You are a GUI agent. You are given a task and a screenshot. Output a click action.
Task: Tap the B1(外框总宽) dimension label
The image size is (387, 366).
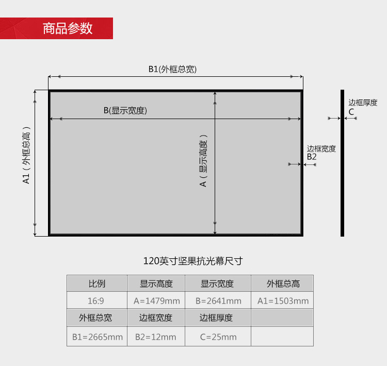tap(172, 69)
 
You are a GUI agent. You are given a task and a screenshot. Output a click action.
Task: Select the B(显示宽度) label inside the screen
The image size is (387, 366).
tap(125, 110)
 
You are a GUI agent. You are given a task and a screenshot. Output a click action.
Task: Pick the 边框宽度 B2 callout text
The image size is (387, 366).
tap(321, 152)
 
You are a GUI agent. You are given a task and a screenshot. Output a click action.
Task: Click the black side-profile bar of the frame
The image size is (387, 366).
tap(342, 163)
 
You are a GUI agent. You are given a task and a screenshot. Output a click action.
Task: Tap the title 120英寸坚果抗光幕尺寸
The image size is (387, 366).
tap(193, 261)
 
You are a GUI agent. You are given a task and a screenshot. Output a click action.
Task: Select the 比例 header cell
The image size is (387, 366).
tap(97, 284)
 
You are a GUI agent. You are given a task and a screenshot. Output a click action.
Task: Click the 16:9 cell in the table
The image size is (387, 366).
tap(97, 301)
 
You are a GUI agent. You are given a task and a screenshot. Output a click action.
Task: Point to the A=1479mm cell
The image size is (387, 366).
tap(156, 301)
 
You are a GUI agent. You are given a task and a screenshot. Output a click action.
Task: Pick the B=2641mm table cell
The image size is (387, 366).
tap(218, 301)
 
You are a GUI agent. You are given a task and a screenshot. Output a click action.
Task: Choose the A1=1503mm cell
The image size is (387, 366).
tap(283, 301)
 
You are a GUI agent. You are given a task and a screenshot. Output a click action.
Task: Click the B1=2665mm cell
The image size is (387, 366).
tap(97, 337)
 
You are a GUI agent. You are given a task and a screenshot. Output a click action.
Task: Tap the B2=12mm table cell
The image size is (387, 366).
tap(156, 337)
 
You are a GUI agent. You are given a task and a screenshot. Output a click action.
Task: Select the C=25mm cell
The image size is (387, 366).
tap(218, 337)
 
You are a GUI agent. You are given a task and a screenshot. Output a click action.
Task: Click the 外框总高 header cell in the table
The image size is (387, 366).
tap(283, 284)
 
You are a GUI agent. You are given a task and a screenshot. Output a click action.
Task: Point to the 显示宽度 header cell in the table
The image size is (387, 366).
tap(217, 284)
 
